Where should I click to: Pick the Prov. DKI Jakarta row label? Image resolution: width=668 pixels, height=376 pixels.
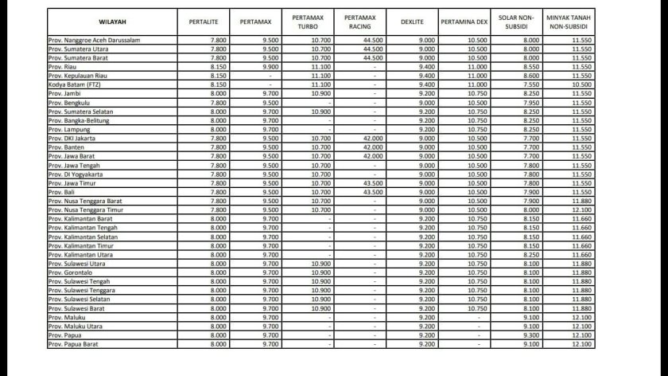click(76, 139)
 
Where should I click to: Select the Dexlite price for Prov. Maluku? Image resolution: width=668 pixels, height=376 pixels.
click(426, 317)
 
